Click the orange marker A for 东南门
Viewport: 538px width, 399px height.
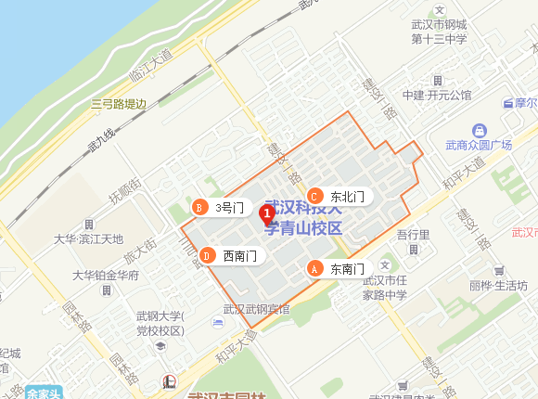pos(314,268)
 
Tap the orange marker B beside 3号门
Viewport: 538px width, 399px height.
pos(197,207)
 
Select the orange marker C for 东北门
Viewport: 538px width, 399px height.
pos(314,196)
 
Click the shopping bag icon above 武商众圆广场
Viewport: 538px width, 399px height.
pos(479,130)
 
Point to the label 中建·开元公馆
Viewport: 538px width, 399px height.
pos(437,95)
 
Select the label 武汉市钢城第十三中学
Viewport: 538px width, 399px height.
pos(439,32)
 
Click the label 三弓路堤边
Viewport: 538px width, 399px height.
pos(119,104)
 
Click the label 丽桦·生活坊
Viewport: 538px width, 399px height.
pos(498,285)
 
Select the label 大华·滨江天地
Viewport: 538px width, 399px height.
pos(88,238)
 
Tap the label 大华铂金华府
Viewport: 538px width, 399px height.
pos(106,276)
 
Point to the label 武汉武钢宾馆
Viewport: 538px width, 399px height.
pos(256,310)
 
